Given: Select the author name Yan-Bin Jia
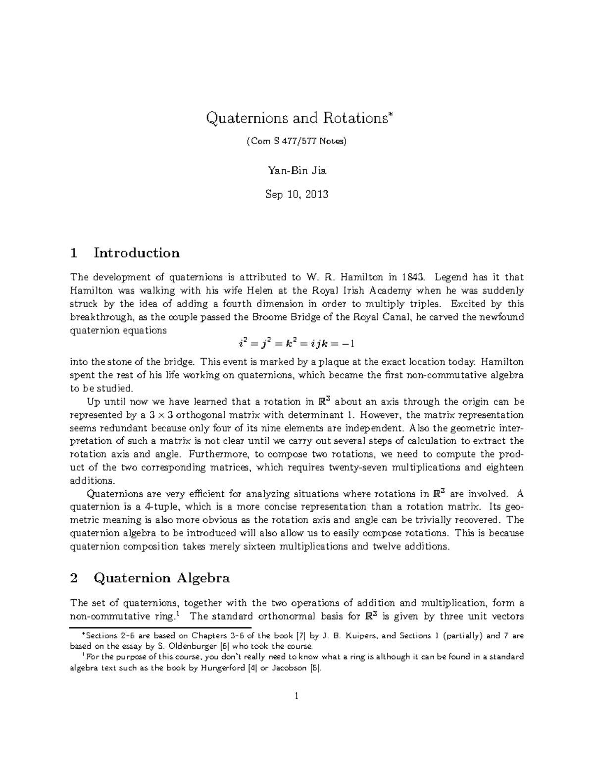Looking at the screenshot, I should click(297, 171).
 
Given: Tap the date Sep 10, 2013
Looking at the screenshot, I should click(297, 194).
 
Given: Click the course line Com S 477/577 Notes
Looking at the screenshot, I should click(297, 142).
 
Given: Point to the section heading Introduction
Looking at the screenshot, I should click(137, 253).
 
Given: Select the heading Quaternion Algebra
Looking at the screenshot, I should click(162, 578).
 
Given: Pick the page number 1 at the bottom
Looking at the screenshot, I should click(297, 697).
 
